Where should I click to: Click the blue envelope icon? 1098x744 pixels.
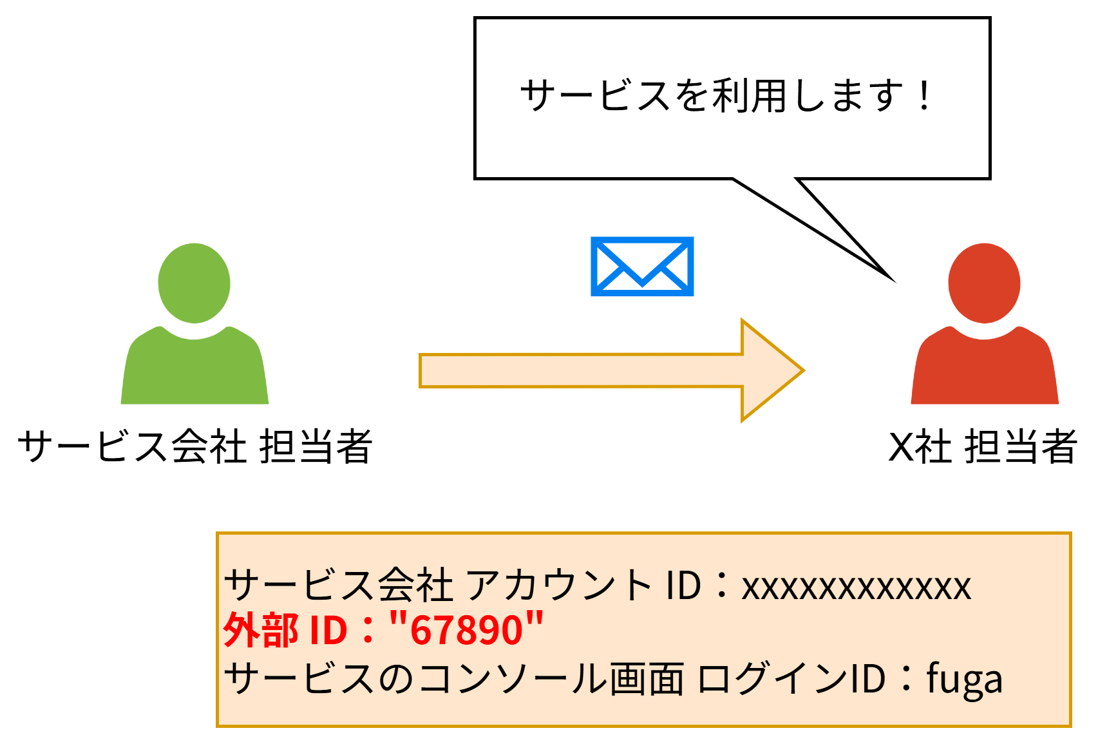tap(642, 266)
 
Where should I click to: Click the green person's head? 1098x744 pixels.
tap(194, 283)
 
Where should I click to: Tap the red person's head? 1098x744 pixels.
tap(984, 283)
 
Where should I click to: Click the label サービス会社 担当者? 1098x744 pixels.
tap(194, 446)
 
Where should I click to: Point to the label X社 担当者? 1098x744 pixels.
tap(982, 446)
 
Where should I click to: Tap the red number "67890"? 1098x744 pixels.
tap(467, 629)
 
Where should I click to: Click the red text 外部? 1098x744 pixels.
tap(261, 629)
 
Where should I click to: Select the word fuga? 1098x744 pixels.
tap(964, 679)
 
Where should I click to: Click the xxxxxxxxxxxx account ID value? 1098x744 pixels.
tap(856, 586)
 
